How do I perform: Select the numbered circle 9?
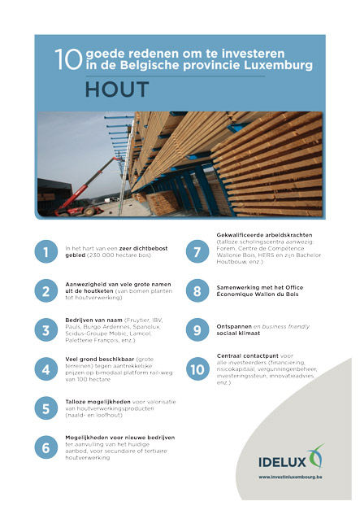point(196,330)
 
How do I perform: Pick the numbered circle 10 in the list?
point(196,368)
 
